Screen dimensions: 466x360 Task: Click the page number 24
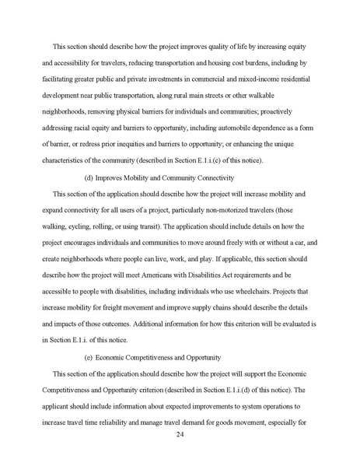[x=180, y=442]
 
